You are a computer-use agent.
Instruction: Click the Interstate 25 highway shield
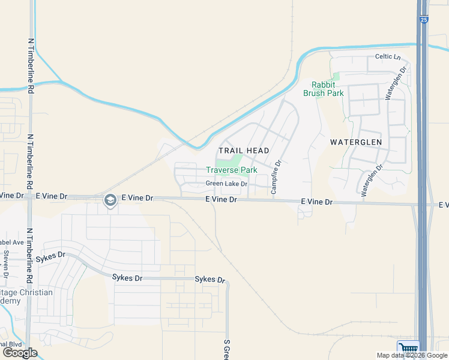pos(424,20)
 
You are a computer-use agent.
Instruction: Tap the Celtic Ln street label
pos(387,57)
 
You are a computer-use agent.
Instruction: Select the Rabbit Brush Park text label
pos(327,89)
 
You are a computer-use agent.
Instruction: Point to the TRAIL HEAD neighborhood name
pos(244,150)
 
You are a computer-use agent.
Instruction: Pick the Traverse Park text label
pos(232,170)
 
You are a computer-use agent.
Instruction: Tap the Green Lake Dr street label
pos(226,184)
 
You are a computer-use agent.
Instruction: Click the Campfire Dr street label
pos(277,176)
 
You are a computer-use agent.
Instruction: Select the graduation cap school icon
pos(110,200)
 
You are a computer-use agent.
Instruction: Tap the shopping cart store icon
pos(408,349)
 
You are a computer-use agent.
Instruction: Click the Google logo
pos(20,353)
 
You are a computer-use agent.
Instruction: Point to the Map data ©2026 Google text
pos(412,355)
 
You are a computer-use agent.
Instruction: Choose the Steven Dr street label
pos(6,263)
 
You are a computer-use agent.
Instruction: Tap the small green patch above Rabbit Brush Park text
pos(335,76)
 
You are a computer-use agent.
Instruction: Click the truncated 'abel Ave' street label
pos(11,242)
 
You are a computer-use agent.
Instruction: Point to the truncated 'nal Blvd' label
pos(11,344)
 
